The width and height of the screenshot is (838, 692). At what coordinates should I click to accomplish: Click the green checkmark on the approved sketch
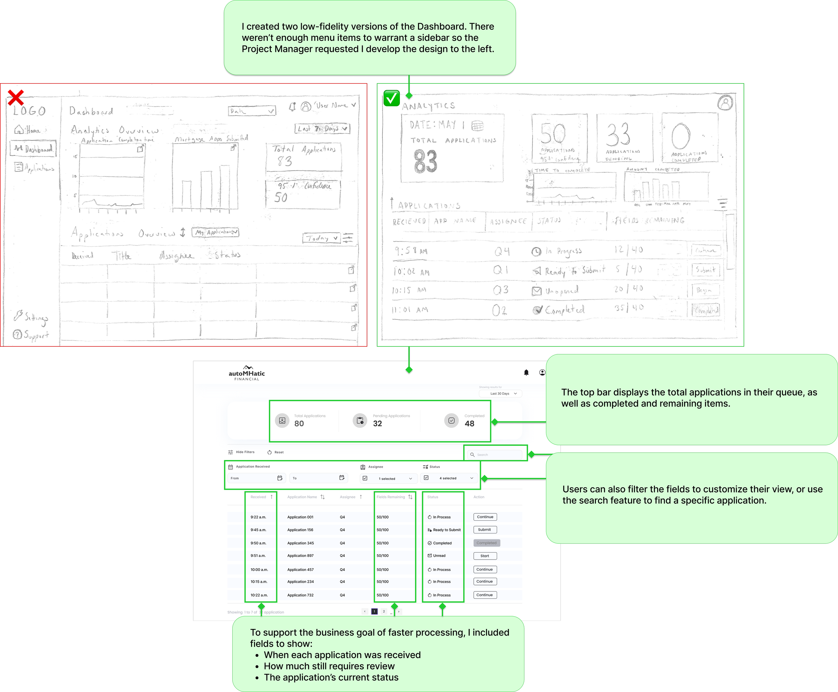pos(391,98)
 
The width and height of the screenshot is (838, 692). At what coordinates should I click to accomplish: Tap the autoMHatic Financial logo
pos(247,373)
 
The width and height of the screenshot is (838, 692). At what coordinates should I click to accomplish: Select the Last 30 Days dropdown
pos(500,393)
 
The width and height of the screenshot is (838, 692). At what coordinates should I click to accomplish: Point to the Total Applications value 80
pos(299,424)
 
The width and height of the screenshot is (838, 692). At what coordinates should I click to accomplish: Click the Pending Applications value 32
pos(377,424)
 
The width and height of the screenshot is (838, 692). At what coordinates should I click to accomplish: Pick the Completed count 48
pos(469,424)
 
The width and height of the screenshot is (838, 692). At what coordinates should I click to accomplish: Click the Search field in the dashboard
pos(495,454)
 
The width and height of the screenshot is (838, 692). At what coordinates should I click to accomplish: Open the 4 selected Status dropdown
pos(449,478)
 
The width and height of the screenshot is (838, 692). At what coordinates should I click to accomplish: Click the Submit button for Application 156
pos(485,530)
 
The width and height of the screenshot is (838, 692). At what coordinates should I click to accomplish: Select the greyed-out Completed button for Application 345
pos(486,543)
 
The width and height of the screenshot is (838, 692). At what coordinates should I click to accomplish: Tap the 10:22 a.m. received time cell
pos(259,595)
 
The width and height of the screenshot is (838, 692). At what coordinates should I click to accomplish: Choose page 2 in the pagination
pos(384,612)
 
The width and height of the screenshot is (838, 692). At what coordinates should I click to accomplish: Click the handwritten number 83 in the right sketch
pos(425,162)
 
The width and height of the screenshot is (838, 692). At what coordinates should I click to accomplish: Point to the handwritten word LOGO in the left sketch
pos(29,111)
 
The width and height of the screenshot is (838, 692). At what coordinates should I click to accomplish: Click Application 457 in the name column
pos(300,570)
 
